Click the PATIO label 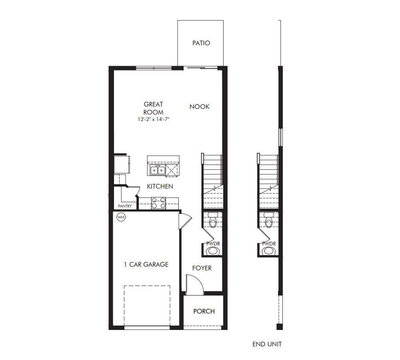coord(201,43)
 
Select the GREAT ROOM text coord(153,108)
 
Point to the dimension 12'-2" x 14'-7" coord(153,119)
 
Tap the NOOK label coord(199,107)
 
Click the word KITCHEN coord(160,186)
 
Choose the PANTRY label coord(125,206)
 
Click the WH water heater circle coord(120,217)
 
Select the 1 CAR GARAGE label coord(146,264)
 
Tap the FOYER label coord(202,268)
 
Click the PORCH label coord(204,311)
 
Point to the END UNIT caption coord(267,344)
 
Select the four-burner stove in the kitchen coord(158,203)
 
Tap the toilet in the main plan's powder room coord(212,221)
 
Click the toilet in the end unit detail coord(269,221)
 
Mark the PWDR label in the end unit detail coord(269,243)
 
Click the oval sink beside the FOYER coord(213,251)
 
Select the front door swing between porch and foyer coord(195,284)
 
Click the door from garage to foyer coord(185,221)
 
